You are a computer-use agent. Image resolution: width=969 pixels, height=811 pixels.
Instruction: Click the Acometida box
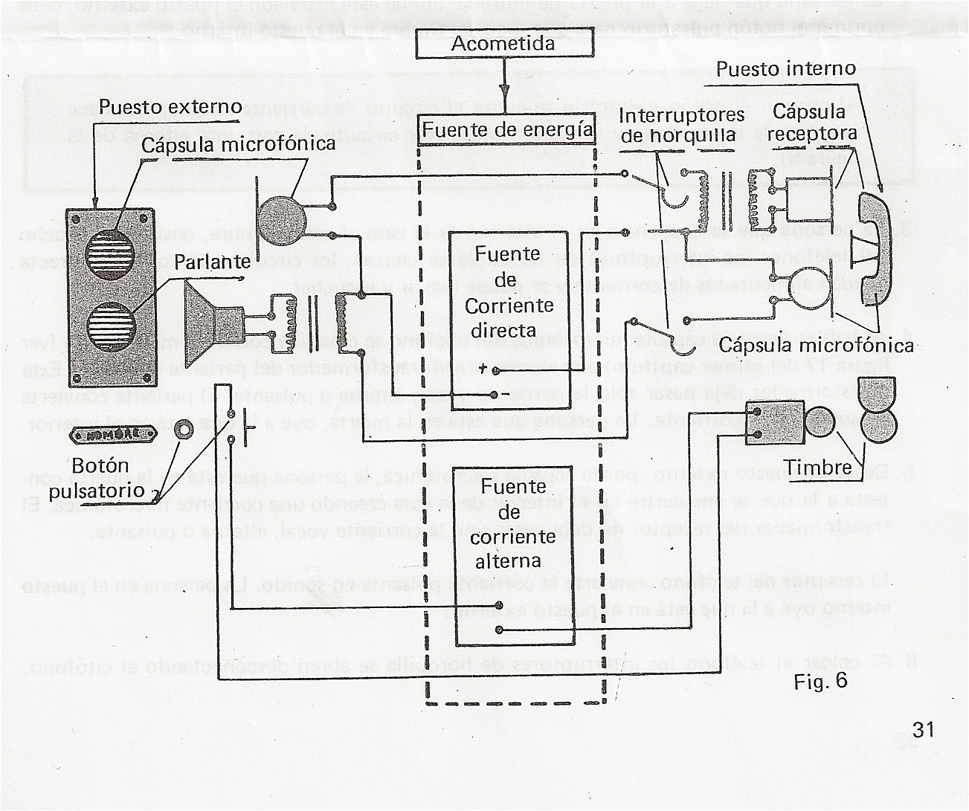(x=503, y=44)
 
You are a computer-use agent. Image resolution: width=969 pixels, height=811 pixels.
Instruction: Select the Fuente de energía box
(x=507, y=129)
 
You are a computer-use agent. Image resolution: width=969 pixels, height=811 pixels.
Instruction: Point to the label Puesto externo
(x=170, y=107)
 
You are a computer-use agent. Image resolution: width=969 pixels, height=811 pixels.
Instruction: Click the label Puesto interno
(x=786, y=69)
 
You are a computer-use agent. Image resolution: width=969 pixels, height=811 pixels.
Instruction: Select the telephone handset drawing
(x=875, y=249)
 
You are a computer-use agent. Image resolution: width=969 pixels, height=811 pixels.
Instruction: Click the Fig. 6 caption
(x=820, y=682)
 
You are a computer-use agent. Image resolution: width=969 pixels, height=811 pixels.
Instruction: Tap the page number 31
(x=922, y=729)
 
